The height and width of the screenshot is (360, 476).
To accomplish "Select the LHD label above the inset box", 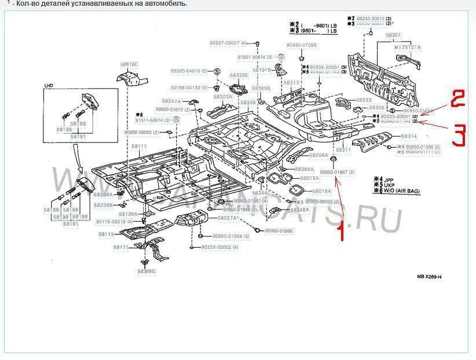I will pos(49,85).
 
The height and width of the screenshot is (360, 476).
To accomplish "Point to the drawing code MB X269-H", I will pos(429,277).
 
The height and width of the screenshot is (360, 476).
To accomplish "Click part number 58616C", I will pos(130,64).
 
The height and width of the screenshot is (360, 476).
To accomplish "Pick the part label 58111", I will pos(139,147).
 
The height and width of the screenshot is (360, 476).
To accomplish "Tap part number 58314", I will pos(408,136).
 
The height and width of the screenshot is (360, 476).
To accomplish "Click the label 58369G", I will pos(147,271).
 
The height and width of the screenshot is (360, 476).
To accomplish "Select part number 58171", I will pos(120,247).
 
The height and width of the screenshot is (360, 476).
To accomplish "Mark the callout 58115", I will pos(105,234).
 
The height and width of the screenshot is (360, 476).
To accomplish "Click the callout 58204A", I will pos(318,156).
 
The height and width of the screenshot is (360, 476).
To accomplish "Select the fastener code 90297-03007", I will pos(228,43).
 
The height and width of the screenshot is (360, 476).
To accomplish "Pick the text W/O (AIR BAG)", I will pos(401,191).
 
